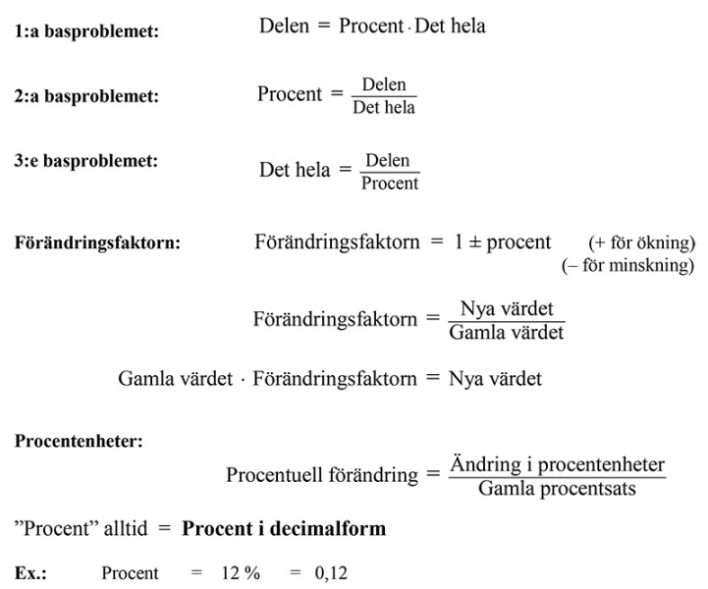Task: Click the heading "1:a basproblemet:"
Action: pos(87,31)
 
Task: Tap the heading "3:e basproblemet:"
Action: pos(87,160)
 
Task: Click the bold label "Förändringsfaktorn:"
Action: pos(98,242)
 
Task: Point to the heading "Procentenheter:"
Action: pos(79,441)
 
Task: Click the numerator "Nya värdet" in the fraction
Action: pos(507,308)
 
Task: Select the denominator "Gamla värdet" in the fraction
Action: pos(506,332)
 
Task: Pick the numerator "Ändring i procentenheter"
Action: pos(558,464)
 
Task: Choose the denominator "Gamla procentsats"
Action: pos(558,488)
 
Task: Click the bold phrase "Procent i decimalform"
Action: pos(284,529)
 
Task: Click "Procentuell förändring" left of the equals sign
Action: pos(322,475)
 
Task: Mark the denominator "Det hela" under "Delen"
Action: pos(384,107)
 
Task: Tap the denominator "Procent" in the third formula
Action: pos(390,183)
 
